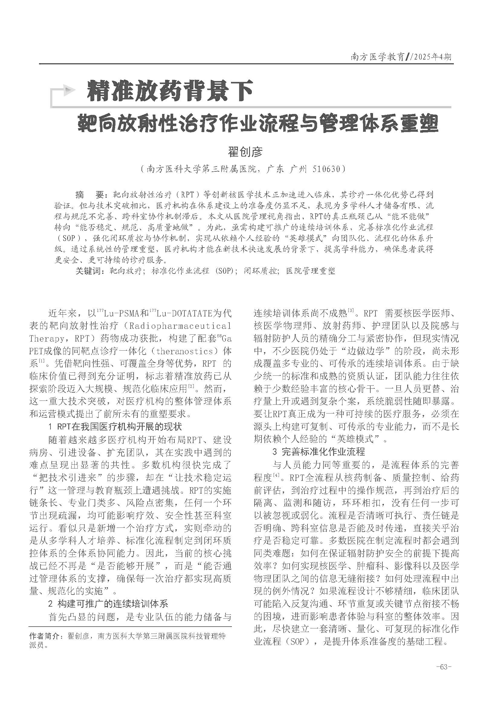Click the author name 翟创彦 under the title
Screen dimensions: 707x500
245,151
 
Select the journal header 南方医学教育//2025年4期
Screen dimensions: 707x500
401,57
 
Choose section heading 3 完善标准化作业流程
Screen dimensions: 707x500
319,452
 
